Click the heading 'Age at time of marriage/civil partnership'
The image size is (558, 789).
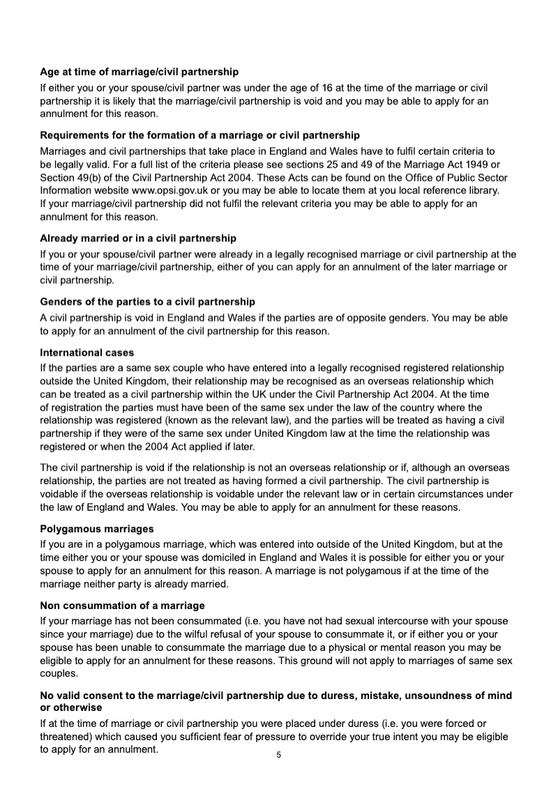coord(139,72)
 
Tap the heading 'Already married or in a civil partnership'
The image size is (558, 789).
coord(138,238)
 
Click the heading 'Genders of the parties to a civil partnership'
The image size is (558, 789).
coord(147,301)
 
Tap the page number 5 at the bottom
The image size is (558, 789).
coord(278,755)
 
